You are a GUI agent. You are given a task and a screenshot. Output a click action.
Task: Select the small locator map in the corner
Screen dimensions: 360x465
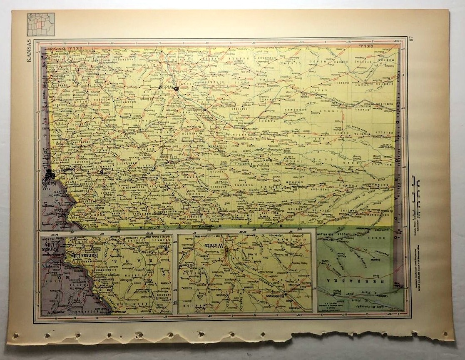[41, 25]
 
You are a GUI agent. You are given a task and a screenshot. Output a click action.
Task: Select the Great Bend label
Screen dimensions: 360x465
[240, 129]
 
